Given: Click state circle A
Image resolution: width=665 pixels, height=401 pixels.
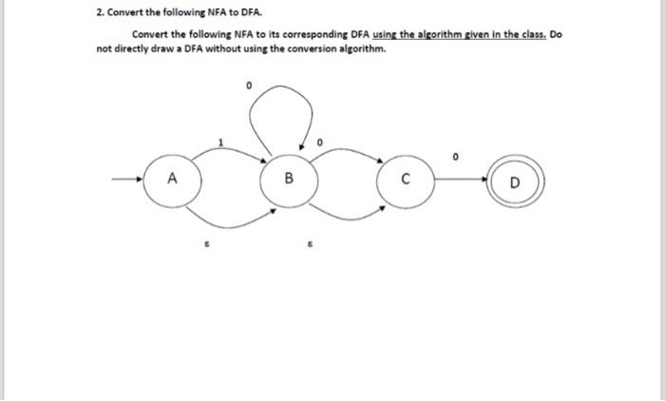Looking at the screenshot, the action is pos(171,179).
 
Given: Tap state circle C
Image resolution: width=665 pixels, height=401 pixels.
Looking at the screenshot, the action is pos(404,179).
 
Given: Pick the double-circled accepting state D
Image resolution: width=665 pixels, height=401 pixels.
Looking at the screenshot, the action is pos(515,180).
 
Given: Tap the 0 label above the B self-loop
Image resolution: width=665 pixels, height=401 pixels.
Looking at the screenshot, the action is pos(249,86).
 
